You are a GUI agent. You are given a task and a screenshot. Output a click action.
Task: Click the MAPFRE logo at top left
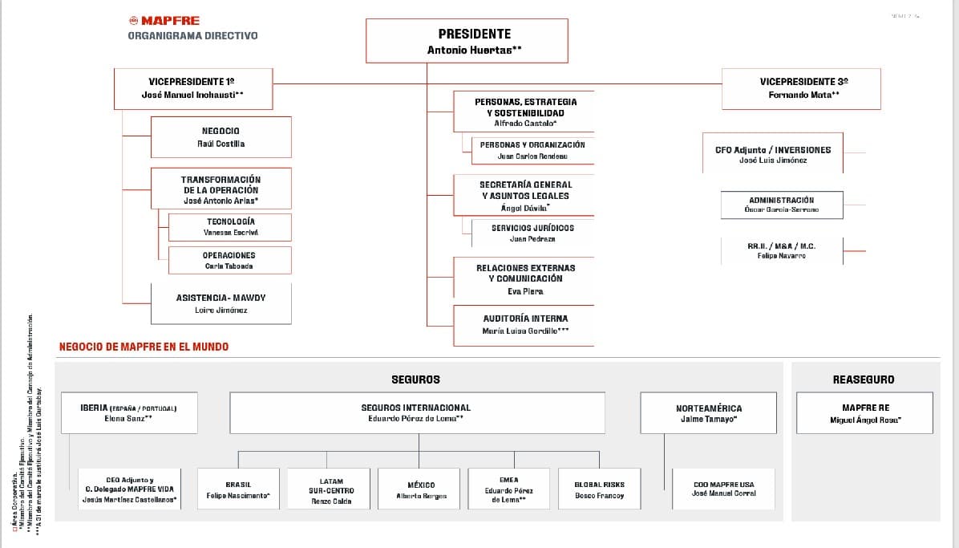tap(164, 21)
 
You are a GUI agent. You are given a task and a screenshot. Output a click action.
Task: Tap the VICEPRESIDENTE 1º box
tap(192, 88)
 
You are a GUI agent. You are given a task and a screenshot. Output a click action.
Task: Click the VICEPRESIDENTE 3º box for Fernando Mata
tap(800, 88)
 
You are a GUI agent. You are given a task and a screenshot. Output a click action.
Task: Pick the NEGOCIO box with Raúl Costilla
tap(221, 137)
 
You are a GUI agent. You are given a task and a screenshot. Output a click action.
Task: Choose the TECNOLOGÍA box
tap(230, 227)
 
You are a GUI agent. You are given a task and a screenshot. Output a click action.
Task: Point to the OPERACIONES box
tap(229, 260)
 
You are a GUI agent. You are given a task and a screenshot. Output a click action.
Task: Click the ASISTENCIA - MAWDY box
tap(221, 303)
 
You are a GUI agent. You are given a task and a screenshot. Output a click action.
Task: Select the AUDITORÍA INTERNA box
tap(524, 325)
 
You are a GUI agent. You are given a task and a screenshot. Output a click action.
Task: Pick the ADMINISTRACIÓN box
tap(781, 205)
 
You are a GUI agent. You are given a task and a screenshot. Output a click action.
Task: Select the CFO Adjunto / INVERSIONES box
tap(772, 154)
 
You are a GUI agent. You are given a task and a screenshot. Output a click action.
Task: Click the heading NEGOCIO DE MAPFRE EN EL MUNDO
tap(144, 347)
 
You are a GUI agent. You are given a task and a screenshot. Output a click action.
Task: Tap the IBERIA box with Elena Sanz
tap(129, 412)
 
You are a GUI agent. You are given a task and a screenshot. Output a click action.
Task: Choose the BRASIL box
tap(238, 490)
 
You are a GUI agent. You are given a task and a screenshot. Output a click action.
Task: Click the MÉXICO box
tap(421, 490)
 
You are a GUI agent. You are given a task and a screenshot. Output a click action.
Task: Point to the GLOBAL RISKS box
tap(599, 490)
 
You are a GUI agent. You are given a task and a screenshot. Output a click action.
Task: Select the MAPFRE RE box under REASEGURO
tap(864, 413)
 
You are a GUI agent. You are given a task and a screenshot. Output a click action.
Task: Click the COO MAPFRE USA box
tap(723, 489)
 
